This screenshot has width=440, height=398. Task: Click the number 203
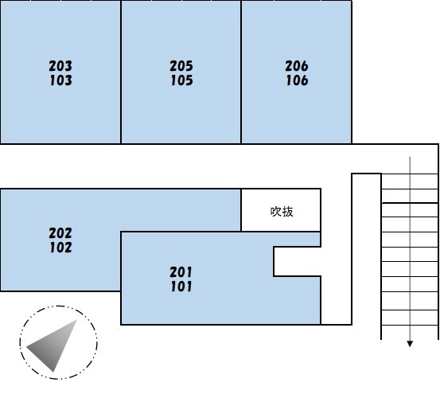click(60, 66)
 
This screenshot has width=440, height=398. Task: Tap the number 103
click(61, 80)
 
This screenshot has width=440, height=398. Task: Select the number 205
click(181, 66)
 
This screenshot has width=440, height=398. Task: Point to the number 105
click(182, 80)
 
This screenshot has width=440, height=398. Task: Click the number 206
click(297, 66)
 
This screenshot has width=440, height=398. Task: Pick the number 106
click(297, 80)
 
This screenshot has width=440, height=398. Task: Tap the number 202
click(60, 233)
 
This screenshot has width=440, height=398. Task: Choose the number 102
click(61, 248)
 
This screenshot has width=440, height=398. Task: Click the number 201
click(181, 272)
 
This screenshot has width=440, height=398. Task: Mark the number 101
click(181, 287)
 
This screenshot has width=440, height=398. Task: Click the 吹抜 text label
click(282, 212)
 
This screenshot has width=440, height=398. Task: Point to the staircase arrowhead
click(410, 344)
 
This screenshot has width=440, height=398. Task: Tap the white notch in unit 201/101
click(297, 262)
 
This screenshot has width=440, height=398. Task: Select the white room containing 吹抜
click(281, 210)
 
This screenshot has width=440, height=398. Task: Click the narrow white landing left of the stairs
click(367, 249)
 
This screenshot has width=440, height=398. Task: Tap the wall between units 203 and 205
click(121, 72)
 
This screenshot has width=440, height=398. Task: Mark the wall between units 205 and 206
click(241, 72)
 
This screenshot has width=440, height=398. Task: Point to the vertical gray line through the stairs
click(410, 249)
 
